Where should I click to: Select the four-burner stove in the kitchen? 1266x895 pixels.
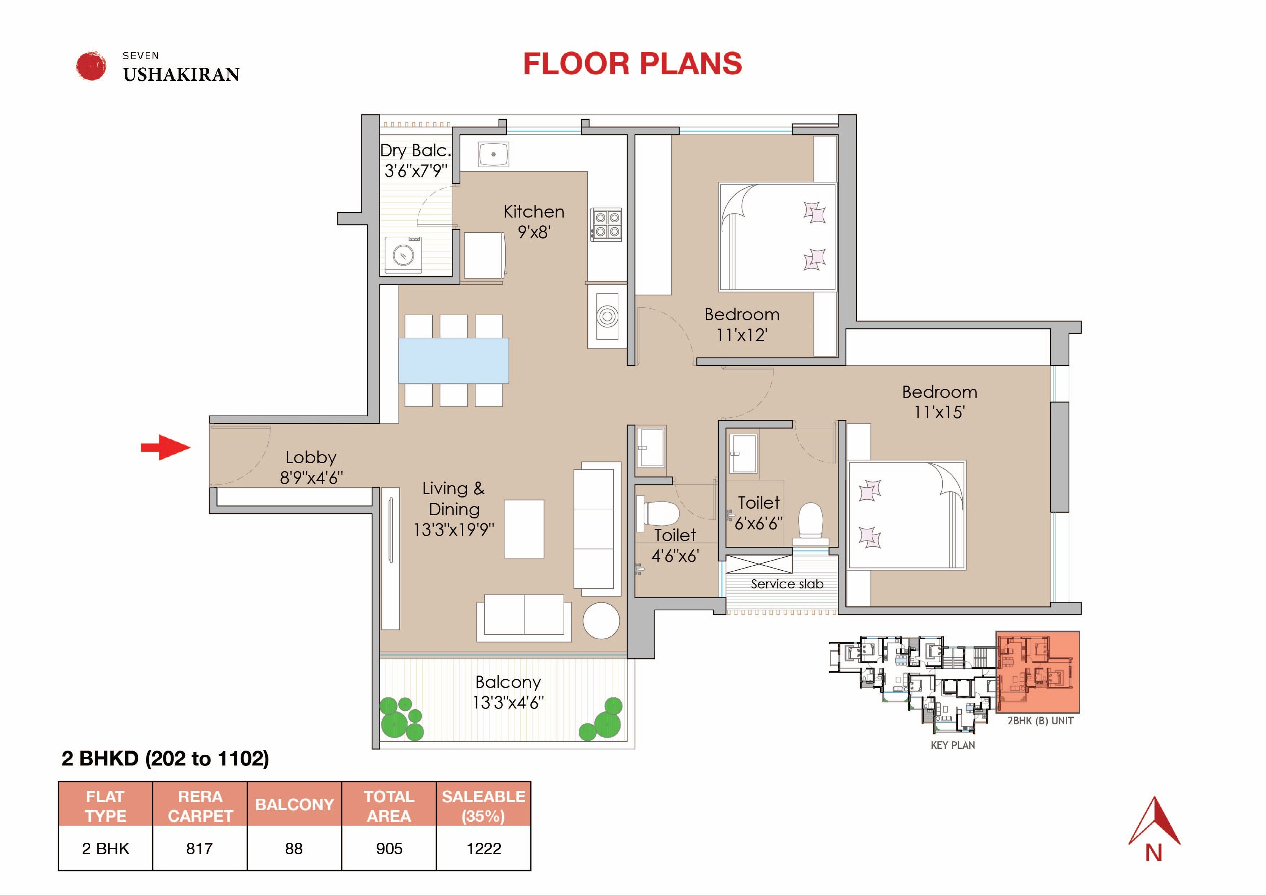pos(606,224)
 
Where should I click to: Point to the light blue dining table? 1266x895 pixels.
pos(453,361)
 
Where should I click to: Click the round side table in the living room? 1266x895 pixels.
pos(601,620)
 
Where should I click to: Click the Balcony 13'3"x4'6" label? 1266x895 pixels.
pos(508,692)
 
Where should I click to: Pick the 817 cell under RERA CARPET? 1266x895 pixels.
pos(200,848)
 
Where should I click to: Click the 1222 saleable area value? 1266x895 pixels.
pos(483,848)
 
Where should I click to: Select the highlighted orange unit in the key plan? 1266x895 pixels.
pos(1037,672)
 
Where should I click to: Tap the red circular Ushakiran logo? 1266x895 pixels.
pos(91,66)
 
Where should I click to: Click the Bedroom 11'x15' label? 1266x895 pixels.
pos(939,402)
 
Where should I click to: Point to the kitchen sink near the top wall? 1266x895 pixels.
pos(493,154)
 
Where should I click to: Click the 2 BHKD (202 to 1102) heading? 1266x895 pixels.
pos(165,758)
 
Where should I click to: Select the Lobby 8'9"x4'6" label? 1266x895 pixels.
pos(311,467)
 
